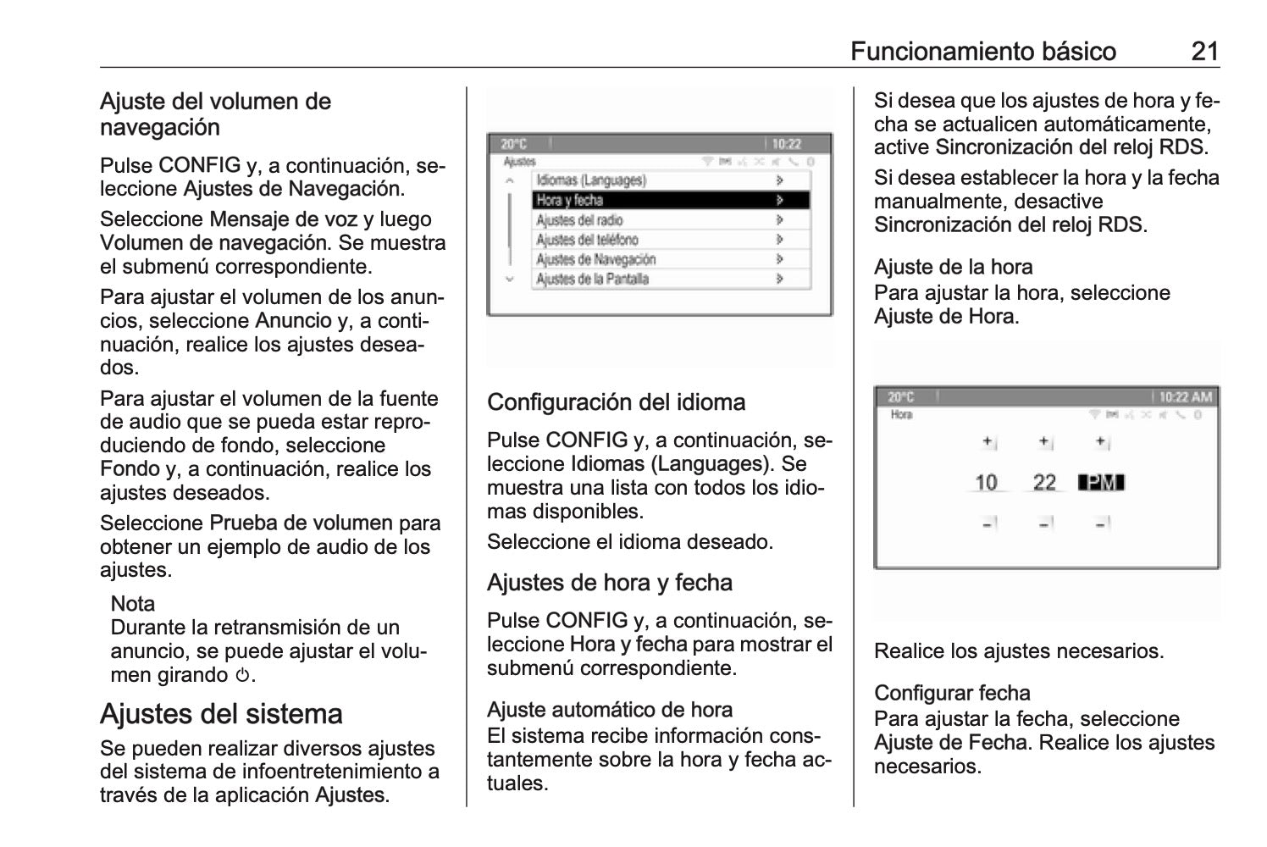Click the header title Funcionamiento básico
tap(982, 52)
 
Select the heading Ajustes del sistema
tap(221, 713)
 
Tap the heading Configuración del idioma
tap(616, 401)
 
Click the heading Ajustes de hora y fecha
tap(609, 583)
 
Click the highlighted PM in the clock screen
tap(1100, 483)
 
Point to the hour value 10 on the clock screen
tap(986, 483)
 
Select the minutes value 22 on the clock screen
tap(1044, 483)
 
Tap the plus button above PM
tap(1101, 442)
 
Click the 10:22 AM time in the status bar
tap(1185, 396)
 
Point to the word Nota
tap(133, 604)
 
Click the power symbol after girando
tap(243, 676)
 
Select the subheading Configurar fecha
tap(952, 693)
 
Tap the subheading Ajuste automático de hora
tap(610, 710)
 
